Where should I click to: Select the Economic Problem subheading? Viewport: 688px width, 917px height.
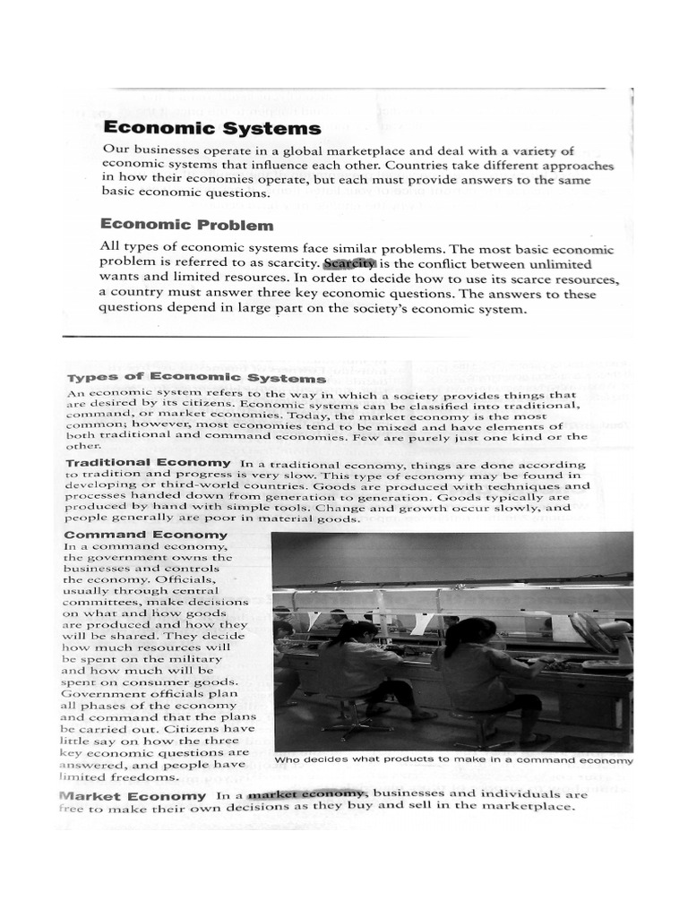point(186,225)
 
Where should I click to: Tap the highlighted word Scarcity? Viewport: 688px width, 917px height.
point(349,264)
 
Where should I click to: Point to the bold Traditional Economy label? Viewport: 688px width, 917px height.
point(149,463)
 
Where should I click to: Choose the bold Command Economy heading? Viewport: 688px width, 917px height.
point(146,535)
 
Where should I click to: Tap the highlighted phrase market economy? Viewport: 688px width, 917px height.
point(306,793)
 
